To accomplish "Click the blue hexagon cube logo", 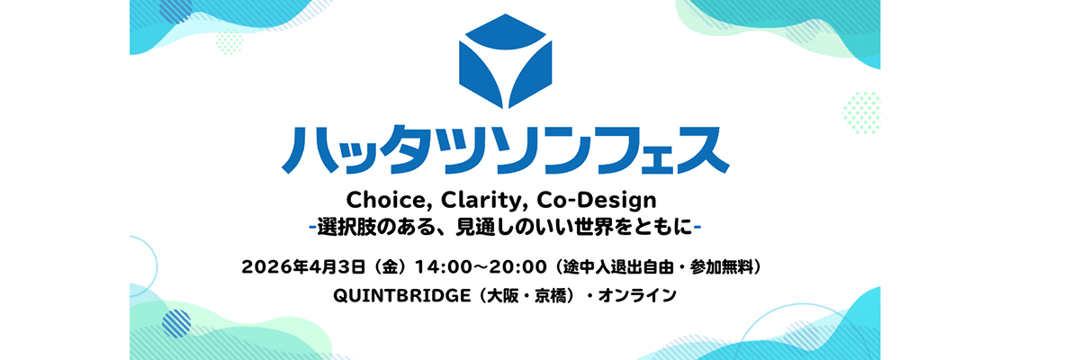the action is pyautogui.click(x=505, y=60).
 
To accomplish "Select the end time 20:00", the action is pyautogui.click(x=517, y=267).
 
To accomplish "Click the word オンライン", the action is pyautogui.click(x=637, y=295).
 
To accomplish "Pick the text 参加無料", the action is pyautogui.click(x=721, y=266).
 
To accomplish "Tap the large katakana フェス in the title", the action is pyautogui.click(x=643, y=150).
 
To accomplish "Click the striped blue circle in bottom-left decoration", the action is pyautogui.click(x=176, y=323).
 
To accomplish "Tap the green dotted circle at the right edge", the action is pyautogui.click(x=862, y=112).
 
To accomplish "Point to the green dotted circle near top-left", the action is pyautogui.click(x=229, y=41).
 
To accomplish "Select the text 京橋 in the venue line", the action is pyautogui.click(x=550, y=295).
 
